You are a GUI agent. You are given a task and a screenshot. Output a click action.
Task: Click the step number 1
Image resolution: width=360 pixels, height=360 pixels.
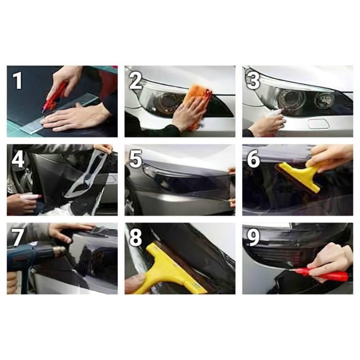[17, 80]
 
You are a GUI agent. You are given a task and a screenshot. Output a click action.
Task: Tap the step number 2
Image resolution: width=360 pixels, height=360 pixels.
[136, 80]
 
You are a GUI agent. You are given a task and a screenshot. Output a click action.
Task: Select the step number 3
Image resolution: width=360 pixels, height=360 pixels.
[254, 80]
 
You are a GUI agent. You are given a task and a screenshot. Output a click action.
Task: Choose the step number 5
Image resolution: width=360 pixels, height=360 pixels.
[136, 159]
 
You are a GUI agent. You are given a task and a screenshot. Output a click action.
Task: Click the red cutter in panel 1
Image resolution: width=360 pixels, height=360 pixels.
[55, 96]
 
